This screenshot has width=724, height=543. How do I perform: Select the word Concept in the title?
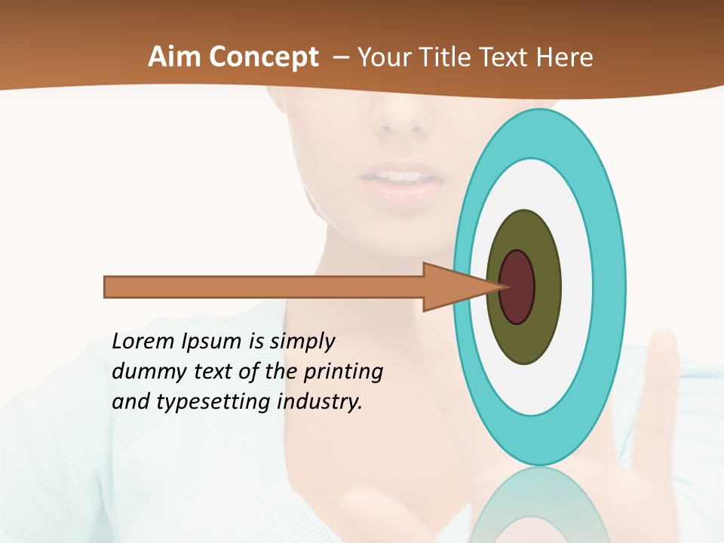[263, 58]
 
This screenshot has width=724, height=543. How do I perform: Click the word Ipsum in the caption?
[211, 342]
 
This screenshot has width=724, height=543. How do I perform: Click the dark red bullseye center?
[517, 287]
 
